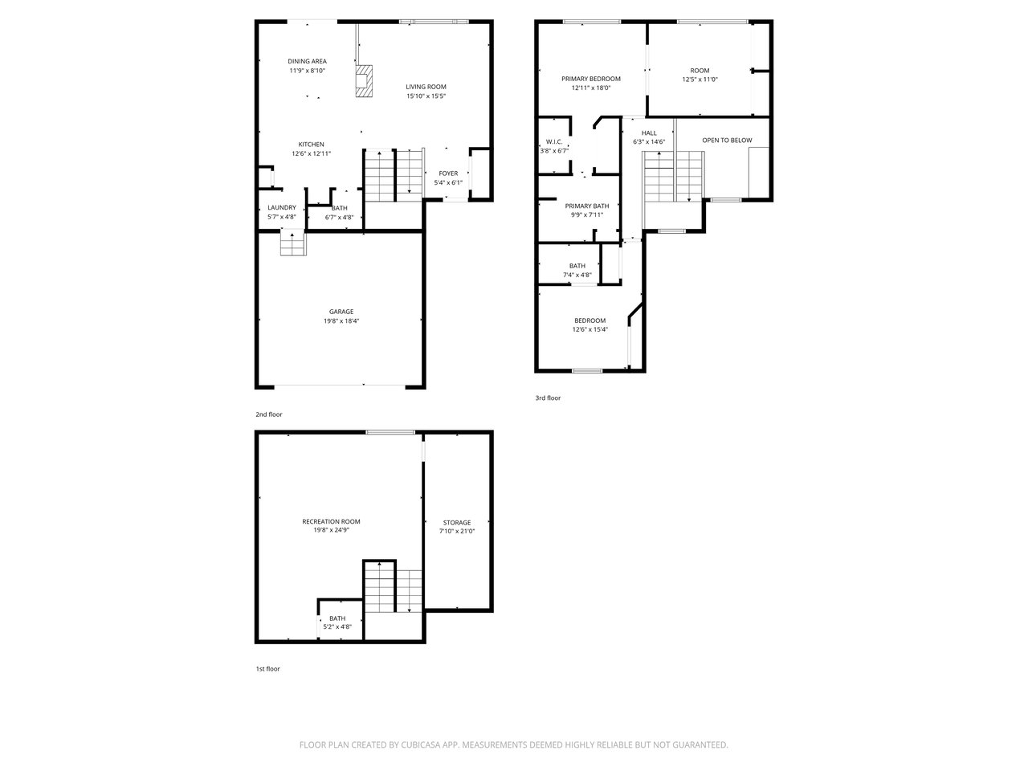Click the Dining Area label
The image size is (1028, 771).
click(307, 61)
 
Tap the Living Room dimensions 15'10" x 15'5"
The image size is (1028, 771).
click(426, 96)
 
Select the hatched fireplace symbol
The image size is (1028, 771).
click(364, 81)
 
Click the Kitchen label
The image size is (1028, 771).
click(311, 145)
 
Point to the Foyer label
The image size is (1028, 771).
click(448, 173)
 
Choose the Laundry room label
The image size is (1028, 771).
click(281, 207)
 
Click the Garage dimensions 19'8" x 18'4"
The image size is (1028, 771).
click(341, 320)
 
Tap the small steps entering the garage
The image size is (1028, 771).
click(293, 243)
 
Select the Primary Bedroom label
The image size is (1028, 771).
click(590, 79)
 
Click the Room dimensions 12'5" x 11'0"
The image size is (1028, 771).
click(700, 80)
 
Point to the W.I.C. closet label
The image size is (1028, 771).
click(554, 141)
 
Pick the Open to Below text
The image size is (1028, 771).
click(727, 140)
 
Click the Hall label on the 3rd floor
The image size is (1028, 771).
click(649, 133)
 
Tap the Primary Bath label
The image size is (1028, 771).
click(587, 206)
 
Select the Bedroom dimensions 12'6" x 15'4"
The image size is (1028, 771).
click(589, 329)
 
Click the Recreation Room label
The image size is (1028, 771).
click(331, 521)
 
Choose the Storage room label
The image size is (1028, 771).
click(457, 522)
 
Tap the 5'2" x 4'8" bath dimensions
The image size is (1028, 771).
click(337, 626)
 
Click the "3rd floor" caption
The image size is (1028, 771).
click(548, 398)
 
